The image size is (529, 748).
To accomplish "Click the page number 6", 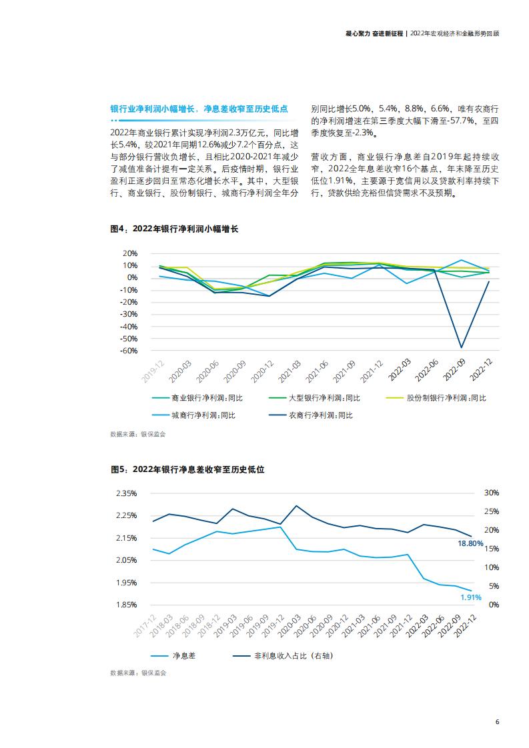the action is coord(497,722).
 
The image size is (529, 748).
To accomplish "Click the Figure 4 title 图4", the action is coord(118,229).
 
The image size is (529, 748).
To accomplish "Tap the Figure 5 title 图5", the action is coord(119,469).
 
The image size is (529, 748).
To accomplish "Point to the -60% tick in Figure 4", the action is coord(129,351).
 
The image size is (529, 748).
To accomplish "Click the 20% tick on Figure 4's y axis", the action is coord(130,253).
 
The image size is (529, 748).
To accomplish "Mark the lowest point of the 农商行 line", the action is coord(461,347).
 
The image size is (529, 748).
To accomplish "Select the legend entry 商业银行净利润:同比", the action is coord(207,398).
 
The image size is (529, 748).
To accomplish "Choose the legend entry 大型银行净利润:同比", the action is coord(325,398).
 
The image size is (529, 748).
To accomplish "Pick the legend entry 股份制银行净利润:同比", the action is coord(446,398).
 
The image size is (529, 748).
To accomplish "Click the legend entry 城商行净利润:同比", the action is coord(203,415).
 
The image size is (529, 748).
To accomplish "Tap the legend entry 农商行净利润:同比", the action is coord(321,415).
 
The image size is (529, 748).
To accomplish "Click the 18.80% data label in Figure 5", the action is coord(470,543).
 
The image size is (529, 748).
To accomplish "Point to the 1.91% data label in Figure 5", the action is coord(471,597).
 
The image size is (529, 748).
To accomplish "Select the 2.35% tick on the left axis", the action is coord(127,493).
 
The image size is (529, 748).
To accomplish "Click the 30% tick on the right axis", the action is coord(492,493).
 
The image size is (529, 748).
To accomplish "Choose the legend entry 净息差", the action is coord(184,656).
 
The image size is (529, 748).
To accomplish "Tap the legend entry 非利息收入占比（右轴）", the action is coord(294,656).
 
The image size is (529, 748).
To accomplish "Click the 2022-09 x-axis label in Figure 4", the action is coord(454,370).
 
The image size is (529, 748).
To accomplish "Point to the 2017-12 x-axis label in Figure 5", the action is coord(145,626).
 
